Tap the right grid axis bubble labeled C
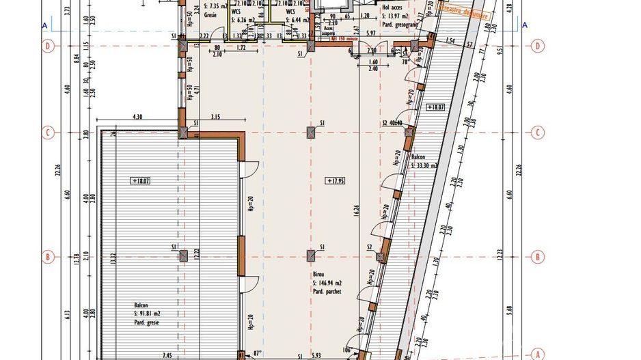point(538,132)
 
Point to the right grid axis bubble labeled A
point(538,354)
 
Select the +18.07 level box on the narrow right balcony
point(435,107)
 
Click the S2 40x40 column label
point(394,123)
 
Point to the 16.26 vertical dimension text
point(356,208)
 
